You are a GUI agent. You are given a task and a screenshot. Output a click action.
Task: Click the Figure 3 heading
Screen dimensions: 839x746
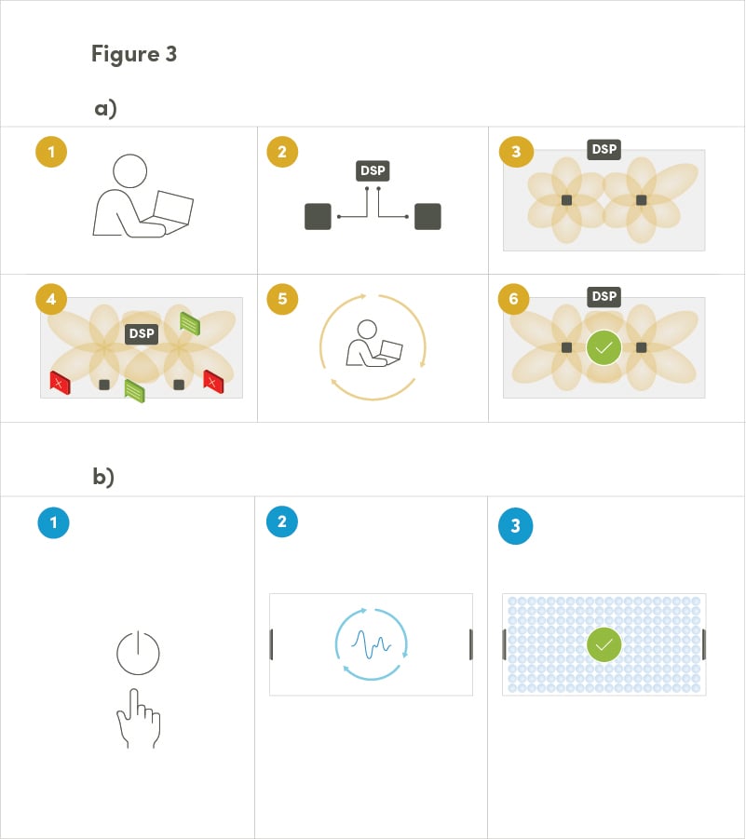point(134,54)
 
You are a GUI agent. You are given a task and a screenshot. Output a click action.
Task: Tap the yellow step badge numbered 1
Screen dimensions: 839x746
point(51,152)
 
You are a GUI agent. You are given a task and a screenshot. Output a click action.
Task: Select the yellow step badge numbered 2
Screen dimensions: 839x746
point(282,152)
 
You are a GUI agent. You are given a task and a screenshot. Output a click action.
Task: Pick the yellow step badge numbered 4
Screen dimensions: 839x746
point(51,299)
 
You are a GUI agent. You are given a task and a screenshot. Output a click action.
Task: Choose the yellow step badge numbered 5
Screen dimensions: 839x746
point(282,299)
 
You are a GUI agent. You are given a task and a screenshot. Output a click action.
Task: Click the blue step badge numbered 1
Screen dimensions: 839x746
point(53,523)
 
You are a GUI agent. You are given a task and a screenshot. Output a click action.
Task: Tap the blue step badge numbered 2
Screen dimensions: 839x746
point(282,521)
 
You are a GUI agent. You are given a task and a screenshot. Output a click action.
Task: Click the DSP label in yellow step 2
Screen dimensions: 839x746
point(373,171)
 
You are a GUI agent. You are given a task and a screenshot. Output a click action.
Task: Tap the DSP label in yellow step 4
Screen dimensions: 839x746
point(141,333)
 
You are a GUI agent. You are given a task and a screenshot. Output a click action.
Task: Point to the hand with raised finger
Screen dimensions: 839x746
point(138,718)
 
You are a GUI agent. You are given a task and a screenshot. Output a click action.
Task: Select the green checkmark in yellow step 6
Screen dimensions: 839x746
point(604,347)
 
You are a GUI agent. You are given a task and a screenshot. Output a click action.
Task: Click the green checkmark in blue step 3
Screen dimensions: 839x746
point(604,643)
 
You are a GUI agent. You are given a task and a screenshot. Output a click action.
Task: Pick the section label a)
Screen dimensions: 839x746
point(105,108)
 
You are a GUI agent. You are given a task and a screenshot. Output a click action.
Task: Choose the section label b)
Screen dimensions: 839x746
point(103,477)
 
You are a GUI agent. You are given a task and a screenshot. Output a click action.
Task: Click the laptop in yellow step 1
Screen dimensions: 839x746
point(173,210)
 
